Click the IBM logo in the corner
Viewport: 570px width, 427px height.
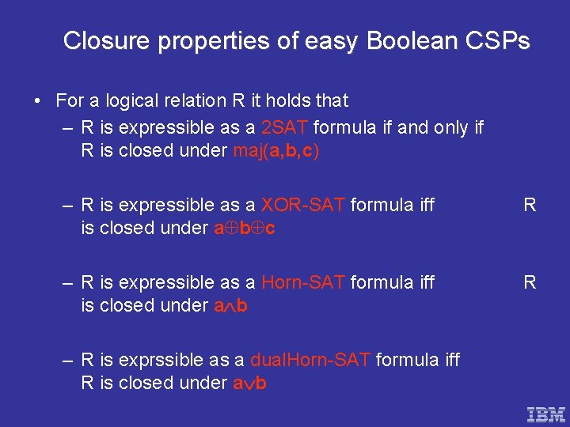click(x=546, y=414)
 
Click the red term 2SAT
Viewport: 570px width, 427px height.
click(x=287, y=128)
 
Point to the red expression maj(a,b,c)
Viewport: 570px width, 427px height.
click(x=276, y=151)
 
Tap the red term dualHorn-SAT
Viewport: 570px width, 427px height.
click(x=310, y=360)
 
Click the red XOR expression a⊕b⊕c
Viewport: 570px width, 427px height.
click(x=245, y=229)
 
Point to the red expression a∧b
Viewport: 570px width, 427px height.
click(x=230, y=306)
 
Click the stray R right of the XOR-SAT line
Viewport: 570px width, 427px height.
click(x=530, y=206)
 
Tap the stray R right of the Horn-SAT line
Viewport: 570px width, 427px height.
click(x=530, y=282)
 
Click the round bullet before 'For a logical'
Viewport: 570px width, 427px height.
click(x=38, y=101)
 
